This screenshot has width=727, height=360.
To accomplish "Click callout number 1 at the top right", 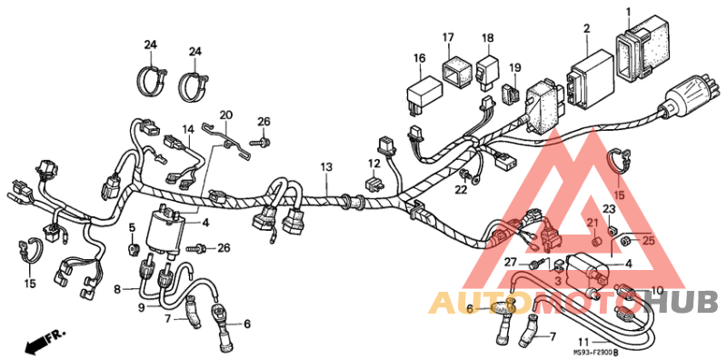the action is click(x=627, y=12).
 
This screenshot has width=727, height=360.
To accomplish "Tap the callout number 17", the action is click(x=448, y=37).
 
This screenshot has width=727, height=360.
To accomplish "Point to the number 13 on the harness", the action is click(x=326, y=167).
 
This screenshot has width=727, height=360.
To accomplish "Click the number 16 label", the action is click(x=419, y=58).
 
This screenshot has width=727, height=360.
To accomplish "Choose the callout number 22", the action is click(x=461, y=190).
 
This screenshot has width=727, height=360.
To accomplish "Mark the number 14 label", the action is click(x=188, y=129).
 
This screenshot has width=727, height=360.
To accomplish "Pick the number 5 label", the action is click(x=132, y=226).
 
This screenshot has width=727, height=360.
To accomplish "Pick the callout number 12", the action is click(x=373, y=164).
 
